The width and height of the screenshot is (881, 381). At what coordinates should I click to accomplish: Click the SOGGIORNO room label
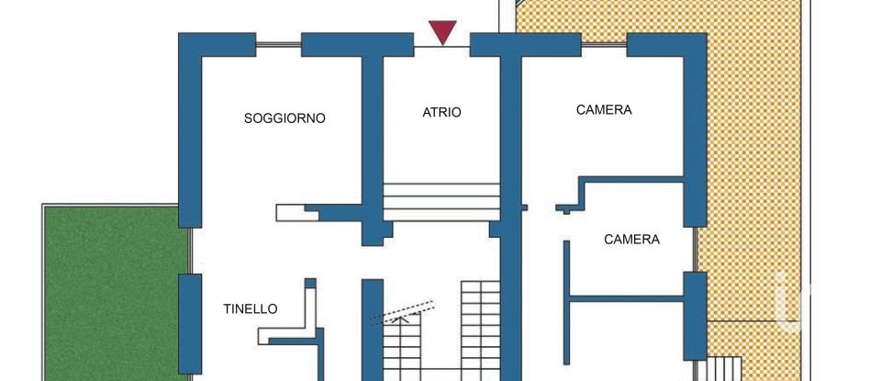click(x=284, y=118)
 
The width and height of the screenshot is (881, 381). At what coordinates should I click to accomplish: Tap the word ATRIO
click(x=441, y=113)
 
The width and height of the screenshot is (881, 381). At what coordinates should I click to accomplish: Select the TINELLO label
click(x=251, y=309)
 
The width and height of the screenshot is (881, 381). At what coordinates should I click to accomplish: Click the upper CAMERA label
click(x=604, y=110)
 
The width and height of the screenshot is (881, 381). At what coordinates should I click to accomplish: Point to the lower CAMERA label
click(x=631, y=240)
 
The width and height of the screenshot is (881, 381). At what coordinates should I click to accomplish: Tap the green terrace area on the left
click(x=110, y=294)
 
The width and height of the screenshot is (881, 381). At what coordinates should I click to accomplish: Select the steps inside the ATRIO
click(x=441, y=201)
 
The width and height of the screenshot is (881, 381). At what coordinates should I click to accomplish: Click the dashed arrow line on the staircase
click(x=402, y=312)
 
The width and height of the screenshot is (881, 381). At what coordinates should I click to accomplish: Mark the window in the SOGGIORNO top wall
click(x=278, y=44)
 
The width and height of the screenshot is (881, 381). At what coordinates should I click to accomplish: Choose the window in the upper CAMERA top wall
click(x=604, y=44)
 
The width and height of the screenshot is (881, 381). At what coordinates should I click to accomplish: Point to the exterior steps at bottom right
click(x=725, y=368)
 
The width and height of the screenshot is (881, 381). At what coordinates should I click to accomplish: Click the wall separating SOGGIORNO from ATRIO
click(x=371, y=138)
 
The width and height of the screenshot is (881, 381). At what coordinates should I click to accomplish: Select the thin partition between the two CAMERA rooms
click(x=633, y=178)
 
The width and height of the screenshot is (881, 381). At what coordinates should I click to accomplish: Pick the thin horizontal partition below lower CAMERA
click(x=627, y=297)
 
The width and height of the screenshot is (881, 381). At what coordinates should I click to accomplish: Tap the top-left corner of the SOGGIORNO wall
click(x=189, y=44)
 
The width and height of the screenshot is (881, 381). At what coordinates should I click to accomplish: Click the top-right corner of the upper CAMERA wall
click(x=695, y=44)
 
